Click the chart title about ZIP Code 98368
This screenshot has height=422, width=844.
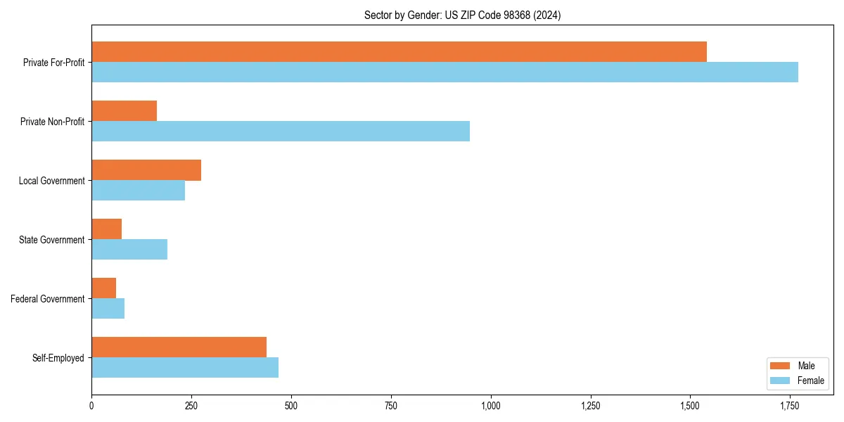point(462,15)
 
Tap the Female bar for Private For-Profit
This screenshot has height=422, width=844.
point(445,72)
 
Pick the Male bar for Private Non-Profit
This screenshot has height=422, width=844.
point(124,110)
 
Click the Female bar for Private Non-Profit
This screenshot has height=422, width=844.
point(281,131)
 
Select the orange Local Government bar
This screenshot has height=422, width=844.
point(146,170)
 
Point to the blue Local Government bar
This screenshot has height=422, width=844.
point(138,191)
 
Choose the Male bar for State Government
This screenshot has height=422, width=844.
point(106,229)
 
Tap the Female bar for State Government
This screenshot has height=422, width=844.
point(129,250)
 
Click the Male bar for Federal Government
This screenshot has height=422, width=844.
point(103,288)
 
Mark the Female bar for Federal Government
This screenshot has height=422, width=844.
point(108,309)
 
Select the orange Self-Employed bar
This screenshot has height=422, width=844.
point(179,347)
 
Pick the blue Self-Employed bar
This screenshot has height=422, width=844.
point(185,368)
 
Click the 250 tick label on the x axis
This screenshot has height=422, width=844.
point(191,405)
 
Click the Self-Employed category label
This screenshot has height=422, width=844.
point(58,358)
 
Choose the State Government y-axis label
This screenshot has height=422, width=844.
point(51,240)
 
